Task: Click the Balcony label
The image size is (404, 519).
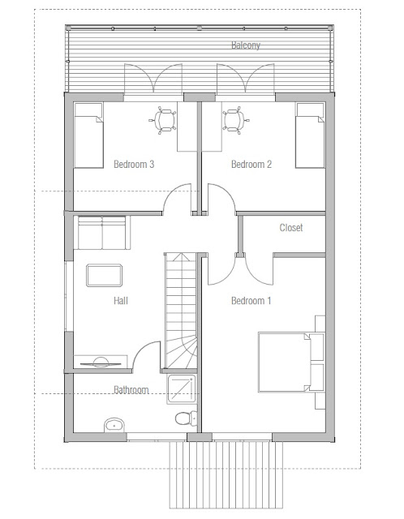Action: [246, 45]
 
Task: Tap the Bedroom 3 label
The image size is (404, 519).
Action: [134, 164]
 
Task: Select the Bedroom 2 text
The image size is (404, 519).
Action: [251, 164]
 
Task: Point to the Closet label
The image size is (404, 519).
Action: [291, 228]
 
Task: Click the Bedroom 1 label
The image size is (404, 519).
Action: [251, 301]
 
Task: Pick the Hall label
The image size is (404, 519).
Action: [122, 301]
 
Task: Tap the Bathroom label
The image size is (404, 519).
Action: [131, 390]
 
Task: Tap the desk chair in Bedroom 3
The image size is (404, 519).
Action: [166, 121]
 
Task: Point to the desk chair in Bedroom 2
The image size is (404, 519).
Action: [234, 121]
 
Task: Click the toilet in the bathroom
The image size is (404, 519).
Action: [186, 418]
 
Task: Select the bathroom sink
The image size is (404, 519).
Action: [114, 423]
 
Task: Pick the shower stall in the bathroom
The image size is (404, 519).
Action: [183, 388]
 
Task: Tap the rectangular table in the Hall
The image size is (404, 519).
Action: [105, 275]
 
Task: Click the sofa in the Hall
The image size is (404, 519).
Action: [101, 234]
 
